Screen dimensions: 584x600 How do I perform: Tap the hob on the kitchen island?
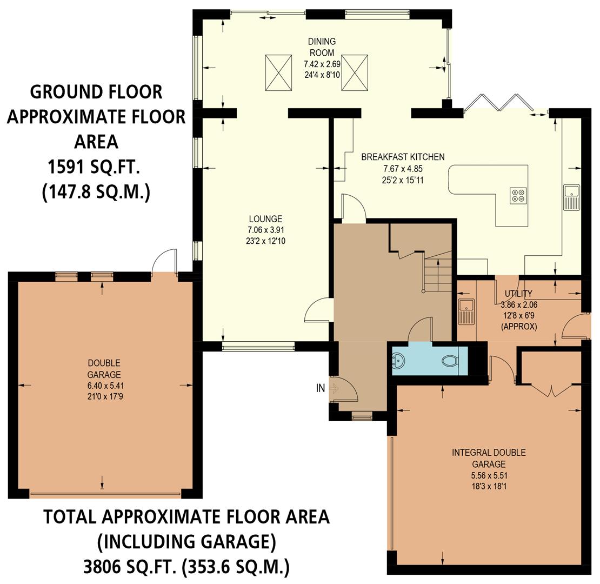click(x=518, y=195)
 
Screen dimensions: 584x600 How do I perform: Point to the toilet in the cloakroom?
click(x=450, y=360)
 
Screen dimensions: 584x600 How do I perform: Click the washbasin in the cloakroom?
click(x=399, y=360)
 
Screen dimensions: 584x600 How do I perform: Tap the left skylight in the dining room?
click(x=278, y=72)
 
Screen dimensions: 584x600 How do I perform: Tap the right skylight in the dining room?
click(x=355, y=72)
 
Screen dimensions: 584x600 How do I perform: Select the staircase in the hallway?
click(x=438, y=273)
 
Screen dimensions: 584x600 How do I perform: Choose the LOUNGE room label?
click(x=265, y=219)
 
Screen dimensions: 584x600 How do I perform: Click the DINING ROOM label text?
click(x=322, y=47)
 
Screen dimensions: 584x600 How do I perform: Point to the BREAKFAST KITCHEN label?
click(x=403, y=157)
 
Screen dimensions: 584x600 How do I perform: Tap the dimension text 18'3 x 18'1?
click(x=489, y=486)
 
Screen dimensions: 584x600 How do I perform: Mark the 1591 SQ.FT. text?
click(x=94, y=167)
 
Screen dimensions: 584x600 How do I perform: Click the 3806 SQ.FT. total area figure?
click(x=130, y=567)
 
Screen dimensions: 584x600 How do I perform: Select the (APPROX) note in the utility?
click(x=519, y=326)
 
